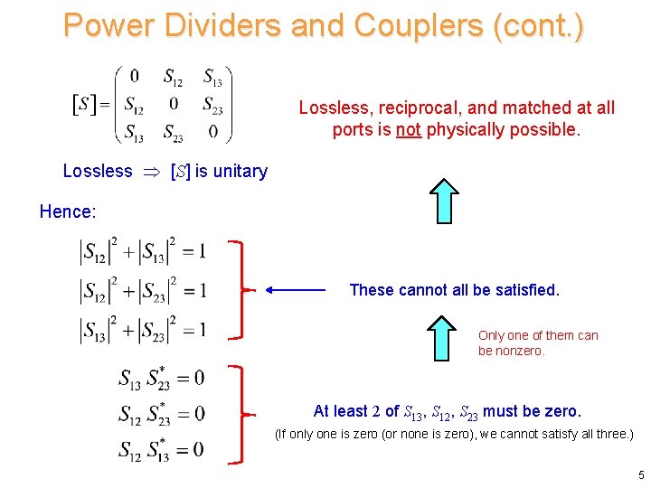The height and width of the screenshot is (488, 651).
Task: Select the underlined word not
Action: point(409,129)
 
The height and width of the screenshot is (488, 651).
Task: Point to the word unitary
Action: point(237,171)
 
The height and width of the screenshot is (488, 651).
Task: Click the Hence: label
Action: point(67,211)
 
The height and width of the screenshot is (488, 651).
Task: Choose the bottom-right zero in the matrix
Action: point(212,132)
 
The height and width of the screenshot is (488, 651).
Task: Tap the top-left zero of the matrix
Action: point(134,75)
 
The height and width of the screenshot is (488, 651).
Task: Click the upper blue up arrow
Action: point(445,201)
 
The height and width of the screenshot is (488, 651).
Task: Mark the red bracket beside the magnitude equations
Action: point(238,290)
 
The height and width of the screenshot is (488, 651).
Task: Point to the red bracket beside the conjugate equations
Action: point(238,414)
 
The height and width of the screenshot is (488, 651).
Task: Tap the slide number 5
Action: point(641,475)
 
